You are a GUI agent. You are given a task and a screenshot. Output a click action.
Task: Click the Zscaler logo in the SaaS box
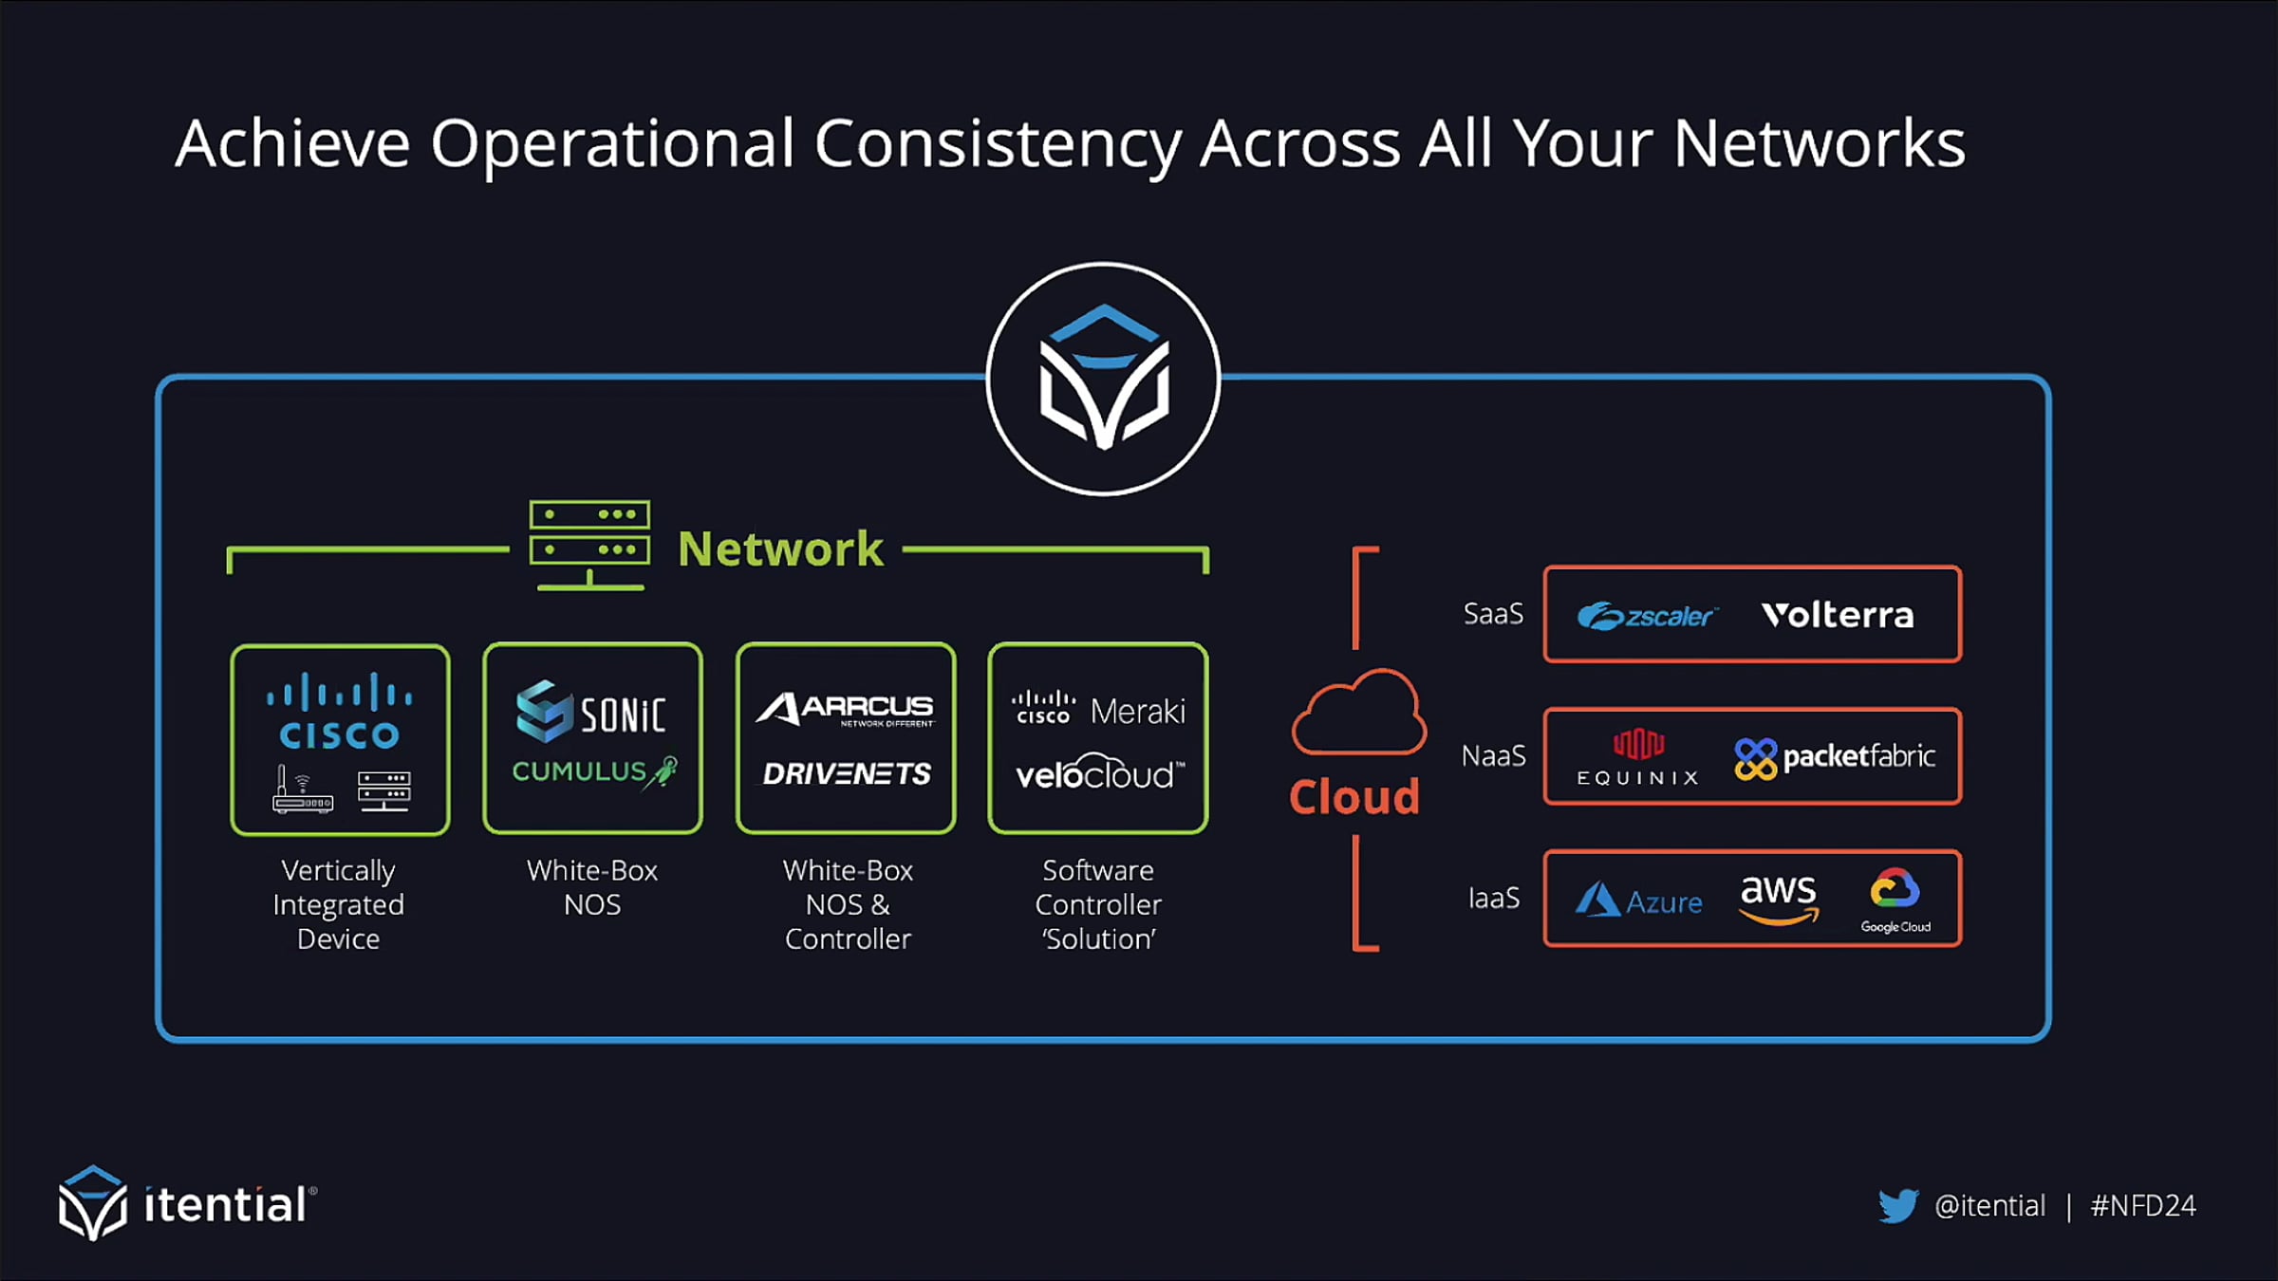(1647, 616)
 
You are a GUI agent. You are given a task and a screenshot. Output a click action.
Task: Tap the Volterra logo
(1838, 615)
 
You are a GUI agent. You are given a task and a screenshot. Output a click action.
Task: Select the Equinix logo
(1638, 757)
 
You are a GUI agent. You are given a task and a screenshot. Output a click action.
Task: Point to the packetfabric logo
(1835, 757)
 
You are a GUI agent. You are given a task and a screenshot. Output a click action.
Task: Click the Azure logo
(1638, 900)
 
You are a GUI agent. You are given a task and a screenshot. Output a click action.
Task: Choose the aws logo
(1778, 897)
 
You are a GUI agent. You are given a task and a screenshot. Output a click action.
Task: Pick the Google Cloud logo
(1895, 900)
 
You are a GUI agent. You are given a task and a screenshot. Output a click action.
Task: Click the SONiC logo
(590, 712)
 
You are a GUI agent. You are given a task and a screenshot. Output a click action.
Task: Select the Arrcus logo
(845, 708)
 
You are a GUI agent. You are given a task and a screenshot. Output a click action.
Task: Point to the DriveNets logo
(847, 774)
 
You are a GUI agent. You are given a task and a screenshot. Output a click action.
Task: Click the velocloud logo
(1099, 774)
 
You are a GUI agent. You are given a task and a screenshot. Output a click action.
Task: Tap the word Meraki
(1137, 711)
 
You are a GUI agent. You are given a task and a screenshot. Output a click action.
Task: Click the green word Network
(780, 548)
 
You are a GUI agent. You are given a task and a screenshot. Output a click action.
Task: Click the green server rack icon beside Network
(589, 546)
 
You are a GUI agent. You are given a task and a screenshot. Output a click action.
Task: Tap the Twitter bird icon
(1898, 1205)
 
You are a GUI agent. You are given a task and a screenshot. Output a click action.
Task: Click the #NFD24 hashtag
(2143, 1205)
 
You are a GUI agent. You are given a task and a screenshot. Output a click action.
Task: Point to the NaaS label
(1493, 756)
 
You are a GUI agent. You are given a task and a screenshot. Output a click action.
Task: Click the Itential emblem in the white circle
(1103, 378)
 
